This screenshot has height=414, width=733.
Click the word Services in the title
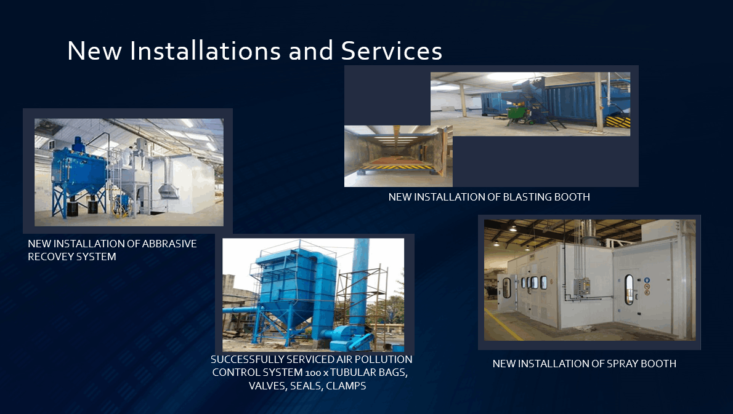coord(391,50)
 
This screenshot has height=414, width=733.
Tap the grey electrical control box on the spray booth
coord(582,286)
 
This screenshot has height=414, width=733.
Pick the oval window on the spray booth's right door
coord(630,289)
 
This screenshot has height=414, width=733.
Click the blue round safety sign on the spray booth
coord(647,281)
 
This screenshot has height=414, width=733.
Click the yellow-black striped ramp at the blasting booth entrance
coord(397,167)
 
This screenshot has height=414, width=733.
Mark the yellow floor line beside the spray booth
coord(503,324)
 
